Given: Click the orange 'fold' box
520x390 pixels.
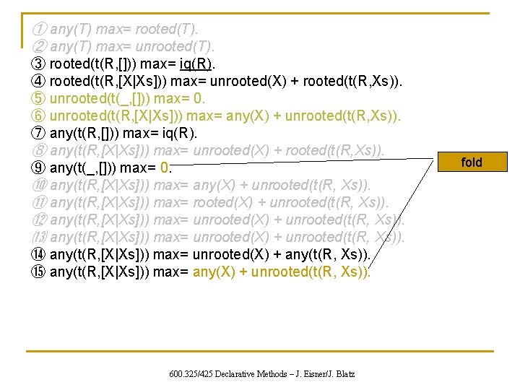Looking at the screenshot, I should (471, 162).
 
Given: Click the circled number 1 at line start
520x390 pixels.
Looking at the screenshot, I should (40, 29).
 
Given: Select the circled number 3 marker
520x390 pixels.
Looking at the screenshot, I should (40, 64).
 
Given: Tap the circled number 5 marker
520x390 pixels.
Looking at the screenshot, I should (40, 98).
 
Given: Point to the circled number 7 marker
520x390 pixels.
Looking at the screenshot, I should (40, 133).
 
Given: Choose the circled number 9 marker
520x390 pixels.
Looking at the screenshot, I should (40, 168).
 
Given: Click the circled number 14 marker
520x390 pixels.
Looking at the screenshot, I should (40, 255).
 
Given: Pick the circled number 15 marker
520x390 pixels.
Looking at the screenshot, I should (40, 272).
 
